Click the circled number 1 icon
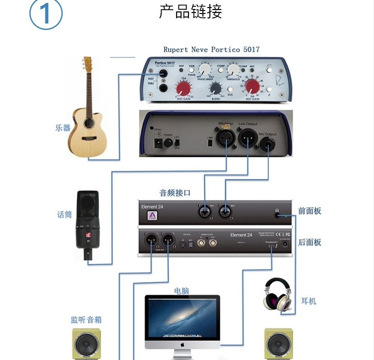pos(45,14)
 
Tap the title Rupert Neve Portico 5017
pos(211,49)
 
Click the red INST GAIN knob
pos(184,89)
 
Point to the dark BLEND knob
pos(216,88)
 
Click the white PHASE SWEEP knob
pos(204,69)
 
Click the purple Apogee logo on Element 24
pos(150,216)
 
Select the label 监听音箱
pos(86,320)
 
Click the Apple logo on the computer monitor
pos(183,344)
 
